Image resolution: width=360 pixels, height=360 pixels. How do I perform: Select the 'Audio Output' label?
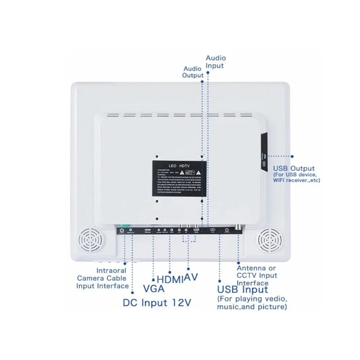[x=193, y=72]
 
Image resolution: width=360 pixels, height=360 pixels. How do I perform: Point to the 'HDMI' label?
[x=170, y=279]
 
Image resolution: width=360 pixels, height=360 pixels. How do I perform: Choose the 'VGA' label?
[x=153, y=288]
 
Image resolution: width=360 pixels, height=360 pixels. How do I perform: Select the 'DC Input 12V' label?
[x=157, y=303]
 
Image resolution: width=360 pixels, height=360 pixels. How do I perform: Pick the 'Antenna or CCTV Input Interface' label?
[x=257, y=275]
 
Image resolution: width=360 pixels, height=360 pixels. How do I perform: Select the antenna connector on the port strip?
[x=226, y=230]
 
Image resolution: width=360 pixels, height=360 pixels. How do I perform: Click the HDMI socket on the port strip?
[x=196, y=230]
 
